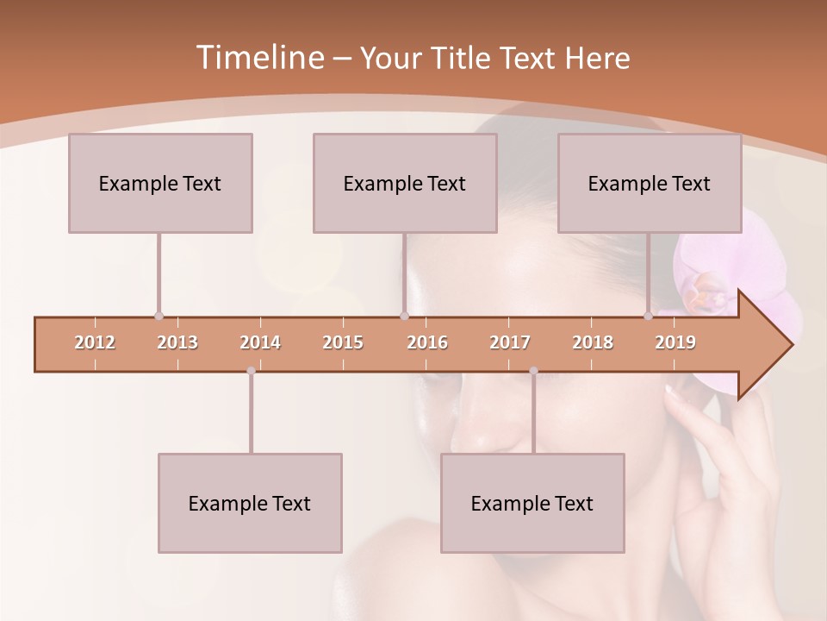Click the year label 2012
(95, 342)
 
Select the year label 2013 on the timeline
(177, 342)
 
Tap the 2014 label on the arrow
(260, 342)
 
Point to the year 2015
(343, 342)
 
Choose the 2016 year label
(427, 342)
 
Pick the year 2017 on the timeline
(510, 342)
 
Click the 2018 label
(593, 342)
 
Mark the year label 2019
(675, 342)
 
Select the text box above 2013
(160, 183)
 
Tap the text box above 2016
(405, 183)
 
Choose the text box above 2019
(650, 183)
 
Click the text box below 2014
(250, 503)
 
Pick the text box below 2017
(532, 503)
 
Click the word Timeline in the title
(259, 58)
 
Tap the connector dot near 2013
(159, 317)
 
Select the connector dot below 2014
(251, 371)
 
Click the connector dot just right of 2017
(533, 371)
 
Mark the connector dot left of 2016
(404, 317)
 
